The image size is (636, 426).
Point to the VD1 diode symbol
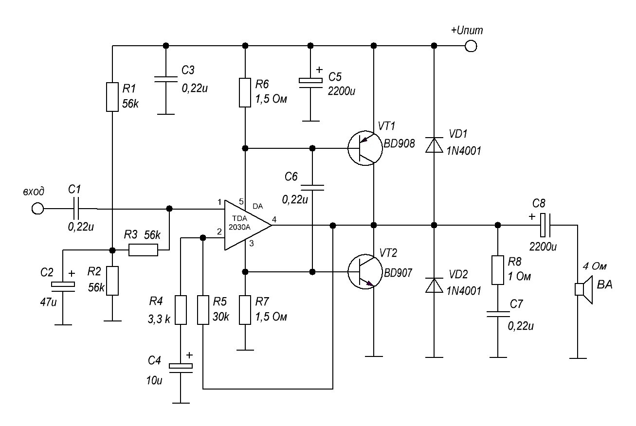click(x=434, y=145)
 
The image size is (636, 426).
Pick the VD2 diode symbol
click(x=434, y=285)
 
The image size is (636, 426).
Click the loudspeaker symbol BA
click(x=584, y=289)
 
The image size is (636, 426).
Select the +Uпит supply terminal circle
click(x=471, y=46)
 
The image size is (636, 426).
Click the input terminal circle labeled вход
click(x=37, y=209)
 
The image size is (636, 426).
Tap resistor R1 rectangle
click(x=112, y=97)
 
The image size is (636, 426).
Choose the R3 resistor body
click(x=143, y=250)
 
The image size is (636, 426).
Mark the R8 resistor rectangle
click(x=497, y=270)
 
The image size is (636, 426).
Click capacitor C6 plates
click(x=312, y=188)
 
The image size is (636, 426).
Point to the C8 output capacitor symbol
click(x=545, y=225)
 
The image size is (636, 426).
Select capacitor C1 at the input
click(x=76, y=209)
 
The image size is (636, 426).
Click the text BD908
click(x=399, y=144)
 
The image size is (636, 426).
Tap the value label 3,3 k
click(x=159, y=319)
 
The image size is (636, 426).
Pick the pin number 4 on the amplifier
click(x=274, y=219)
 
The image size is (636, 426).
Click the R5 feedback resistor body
click(x=203, y=310)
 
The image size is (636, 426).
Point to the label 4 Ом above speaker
click(x=595, y=266)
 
